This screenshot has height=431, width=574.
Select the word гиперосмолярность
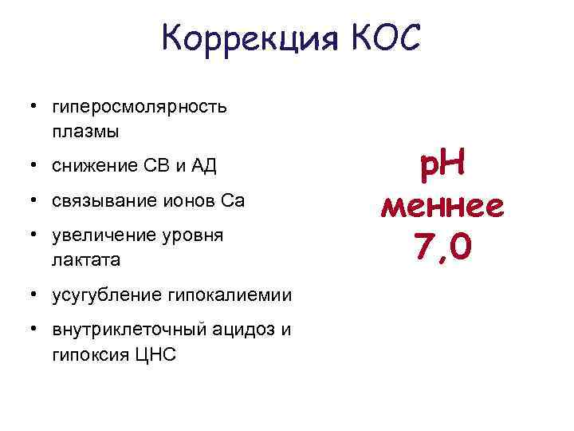[x=139, y=107]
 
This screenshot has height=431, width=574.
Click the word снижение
[x=88, y=166]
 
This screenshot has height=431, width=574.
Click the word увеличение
[x=100, y=236]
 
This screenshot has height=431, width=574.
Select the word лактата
[x=85, y=259]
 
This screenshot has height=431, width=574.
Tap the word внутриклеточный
[x=123, y=330]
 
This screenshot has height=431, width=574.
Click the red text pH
[x=442, y=167]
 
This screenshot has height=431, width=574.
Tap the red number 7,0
[x=442, y=247]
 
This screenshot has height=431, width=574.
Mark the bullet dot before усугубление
[x=33, y=295]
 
